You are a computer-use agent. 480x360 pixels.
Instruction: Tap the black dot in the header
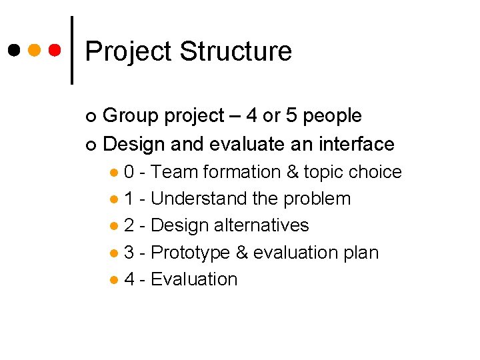[x=14, y=50]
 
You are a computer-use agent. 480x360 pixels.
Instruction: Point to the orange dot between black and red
[x=35, y=50]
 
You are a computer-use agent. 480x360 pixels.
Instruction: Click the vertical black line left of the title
[x=72, y=50]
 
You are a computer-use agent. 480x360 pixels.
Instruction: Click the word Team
[x=174, y=172]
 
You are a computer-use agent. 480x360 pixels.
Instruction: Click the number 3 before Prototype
[x=129, y=253]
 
